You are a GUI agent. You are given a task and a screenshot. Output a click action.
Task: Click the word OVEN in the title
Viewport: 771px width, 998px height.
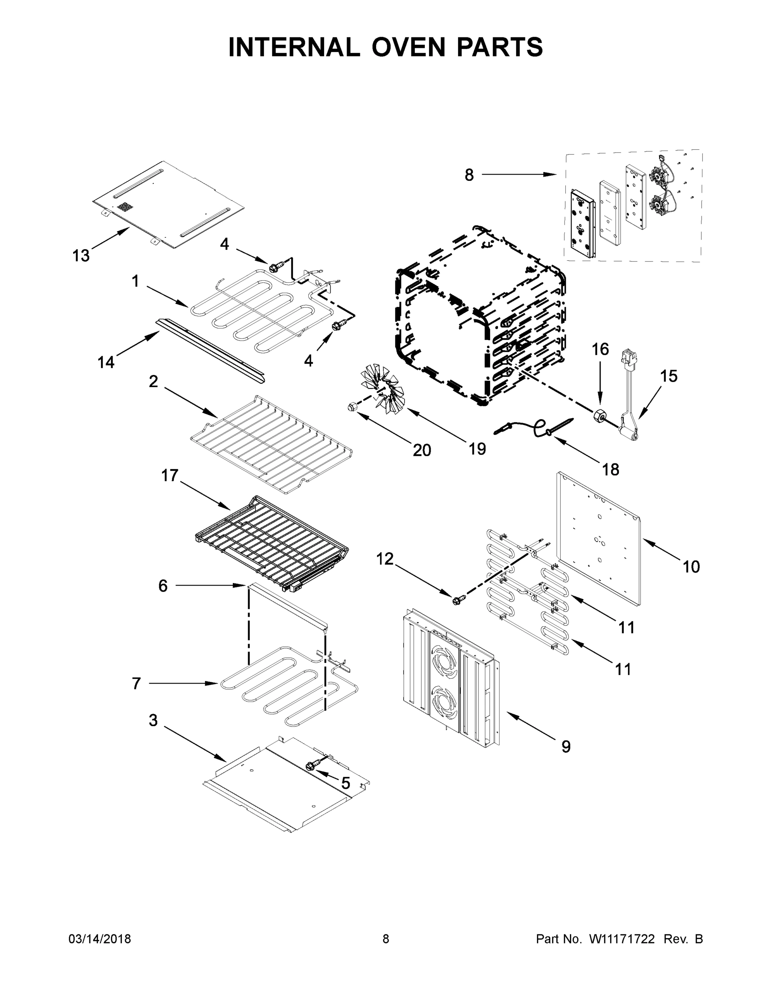pos(408,47)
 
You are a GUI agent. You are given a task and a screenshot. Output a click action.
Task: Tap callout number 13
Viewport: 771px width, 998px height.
pos(81,256)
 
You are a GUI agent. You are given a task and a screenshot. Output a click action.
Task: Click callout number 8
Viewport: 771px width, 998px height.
pos(469,175)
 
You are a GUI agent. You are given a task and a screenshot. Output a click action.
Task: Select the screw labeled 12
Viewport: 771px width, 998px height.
pos(458,600)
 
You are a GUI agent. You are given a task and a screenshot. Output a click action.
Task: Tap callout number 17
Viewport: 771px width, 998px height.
pos(170,476)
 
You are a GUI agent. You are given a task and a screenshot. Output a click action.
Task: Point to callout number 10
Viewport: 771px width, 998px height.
pos(691,567)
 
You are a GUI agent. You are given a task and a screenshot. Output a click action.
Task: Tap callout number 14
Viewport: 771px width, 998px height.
pos(106,362)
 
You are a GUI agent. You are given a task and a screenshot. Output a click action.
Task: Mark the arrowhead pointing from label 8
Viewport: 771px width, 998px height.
pos(553,175)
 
